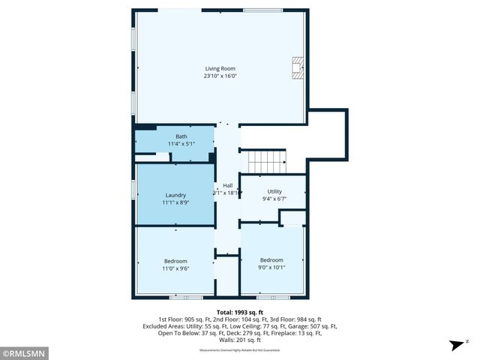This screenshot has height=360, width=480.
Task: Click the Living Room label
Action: tap(220, 69)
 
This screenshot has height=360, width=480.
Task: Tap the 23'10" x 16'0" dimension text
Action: tap(220, 76)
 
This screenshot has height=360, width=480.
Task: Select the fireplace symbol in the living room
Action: tap(298, 67)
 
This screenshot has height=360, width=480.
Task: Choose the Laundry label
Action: tap(175, 195)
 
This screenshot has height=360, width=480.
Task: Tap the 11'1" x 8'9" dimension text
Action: tap(175, 202)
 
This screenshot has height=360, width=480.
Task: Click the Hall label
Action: tap(227, 185)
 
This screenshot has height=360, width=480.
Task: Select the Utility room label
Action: tap(274, 192)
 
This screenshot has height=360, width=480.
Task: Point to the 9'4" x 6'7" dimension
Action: tap(274, 199)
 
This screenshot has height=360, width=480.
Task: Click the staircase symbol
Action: tap(268, 160)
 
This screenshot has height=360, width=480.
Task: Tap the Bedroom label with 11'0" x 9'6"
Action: tap(175, 261)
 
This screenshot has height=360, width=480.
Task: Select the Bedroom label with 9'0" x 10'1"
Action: tap(271, 260)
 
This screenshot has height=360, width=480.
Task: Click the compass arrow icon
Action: tap(455, 345)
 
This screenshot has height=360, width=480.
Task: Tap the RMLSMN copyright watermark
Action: tap(25, 352)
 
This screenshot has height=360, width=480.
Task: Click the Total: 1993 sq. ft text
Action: tap(240, 311)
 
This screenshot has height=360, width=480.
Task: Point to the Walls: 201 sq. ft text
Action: tap(240, 340)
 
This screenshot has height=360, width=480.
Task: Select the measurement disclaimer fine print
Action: tap(240, 350)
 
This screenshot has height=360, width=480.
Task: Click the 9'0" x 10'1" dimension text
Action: tap(271, 267)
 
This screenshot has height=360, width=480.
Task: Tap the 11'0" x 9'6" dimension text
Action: tap(175, 268)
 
